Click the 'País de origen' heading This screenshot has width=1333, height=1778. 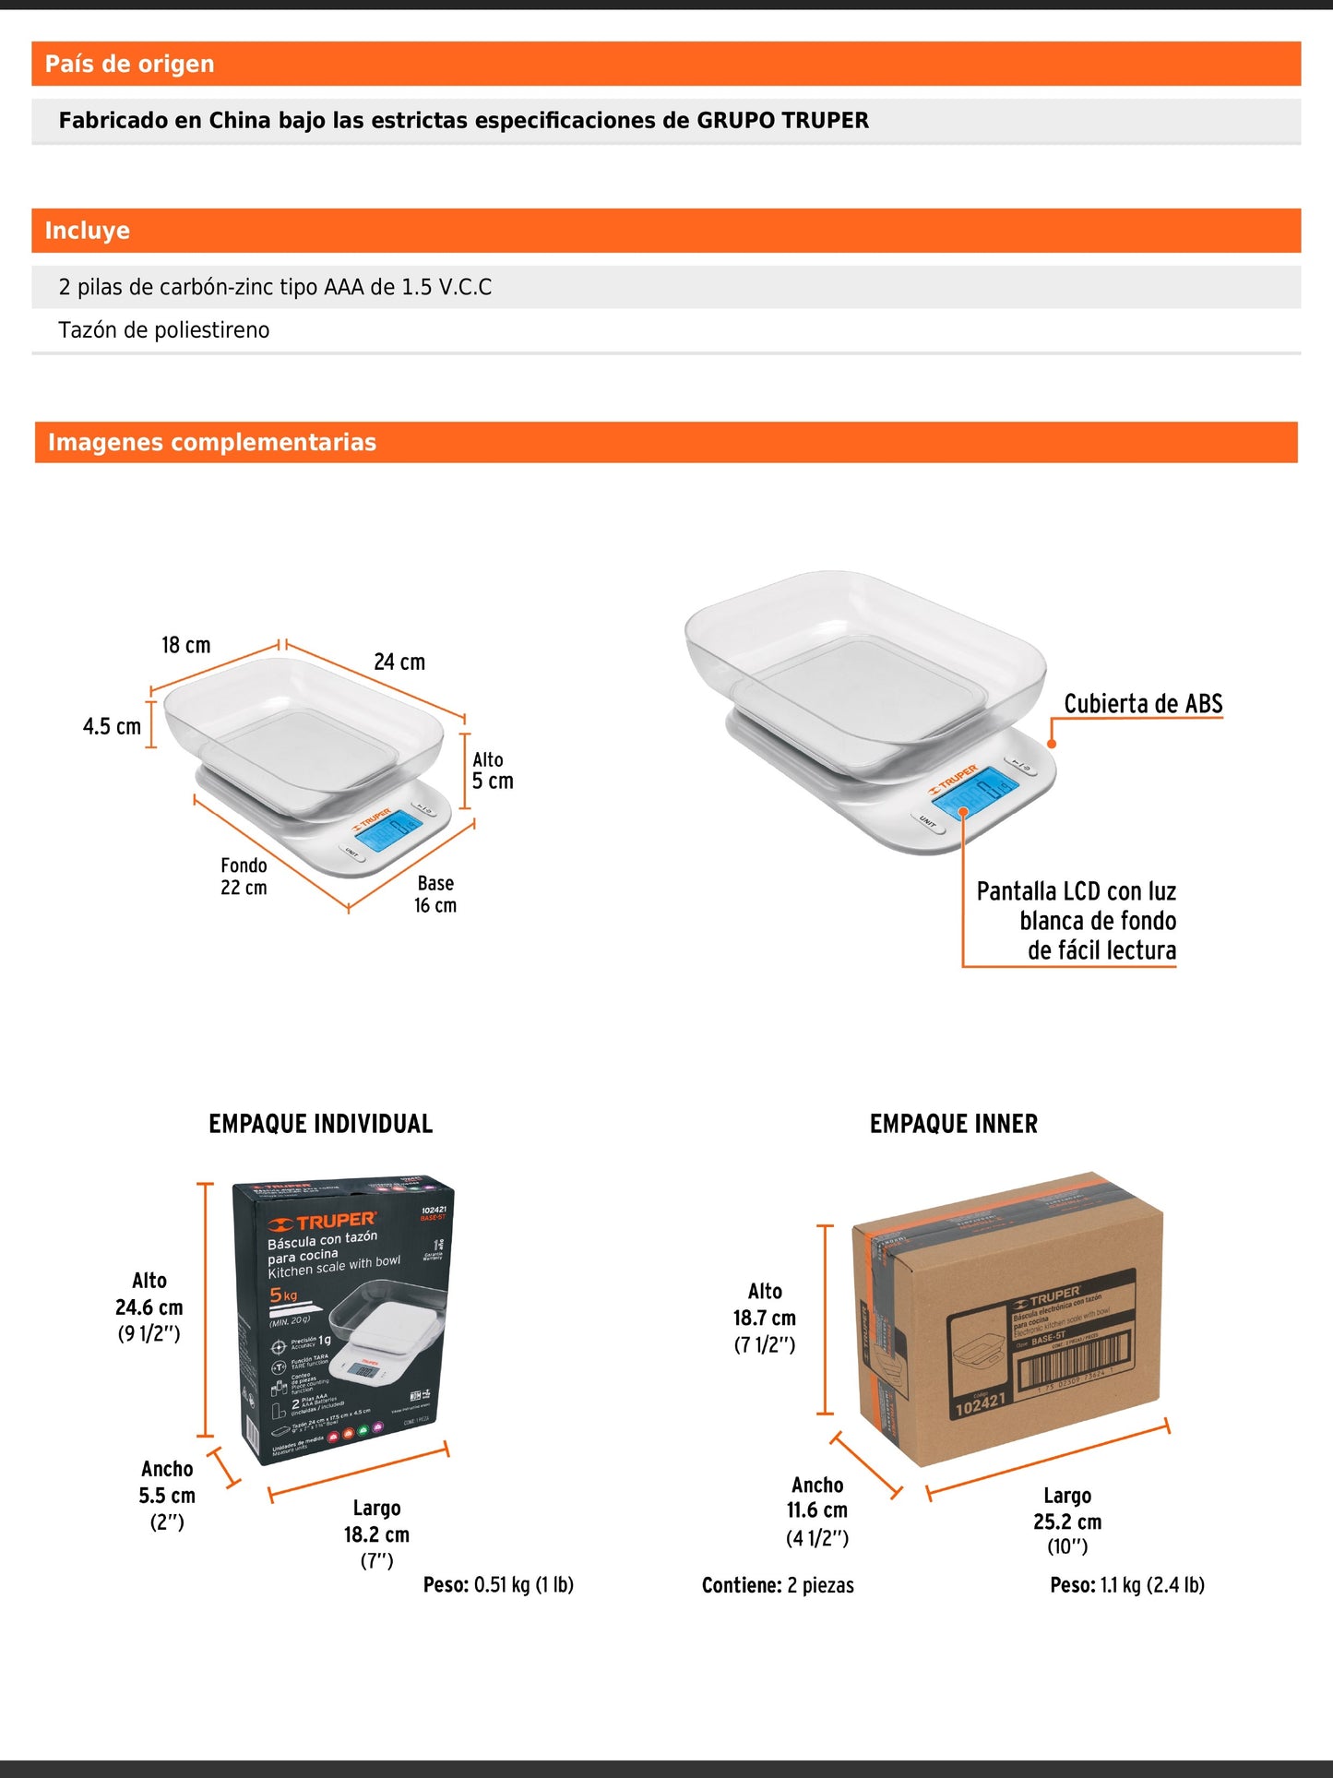click(130, 64)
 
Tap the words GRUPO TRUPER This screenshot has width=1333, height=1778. click(782, 121)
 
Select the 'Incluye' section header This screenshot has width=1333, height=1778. click(88, 231)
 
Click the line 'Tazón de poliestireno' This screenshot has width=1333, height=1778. click(164, 330)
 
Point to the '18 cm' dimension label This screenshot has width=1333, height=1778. click(186, 645)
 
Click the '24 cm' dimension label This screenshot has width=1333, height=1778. click(399, 662)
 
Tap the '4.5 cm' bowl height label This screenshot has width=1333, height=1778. click(112, 727)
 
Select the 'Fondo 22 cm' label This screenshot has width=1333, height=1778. click(244, 877)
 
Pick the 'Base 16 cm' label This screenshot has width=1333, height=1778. click(435, 894)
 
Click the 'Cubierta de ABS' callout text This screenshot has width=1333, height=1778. click(1143, 704)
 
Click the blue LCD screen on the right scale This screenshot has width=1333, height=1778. click(974, 793)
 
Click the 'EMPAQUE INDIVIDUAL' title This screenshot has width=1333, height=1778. click(320, 1124)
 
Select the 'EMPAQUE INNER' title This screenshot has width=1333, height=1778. click(953, 1124)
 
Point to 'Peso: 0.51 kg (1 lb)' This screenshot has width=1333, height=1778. click(498, 1585)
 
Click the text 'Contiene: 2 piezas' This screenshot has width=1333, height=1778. click(778, 1585)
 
